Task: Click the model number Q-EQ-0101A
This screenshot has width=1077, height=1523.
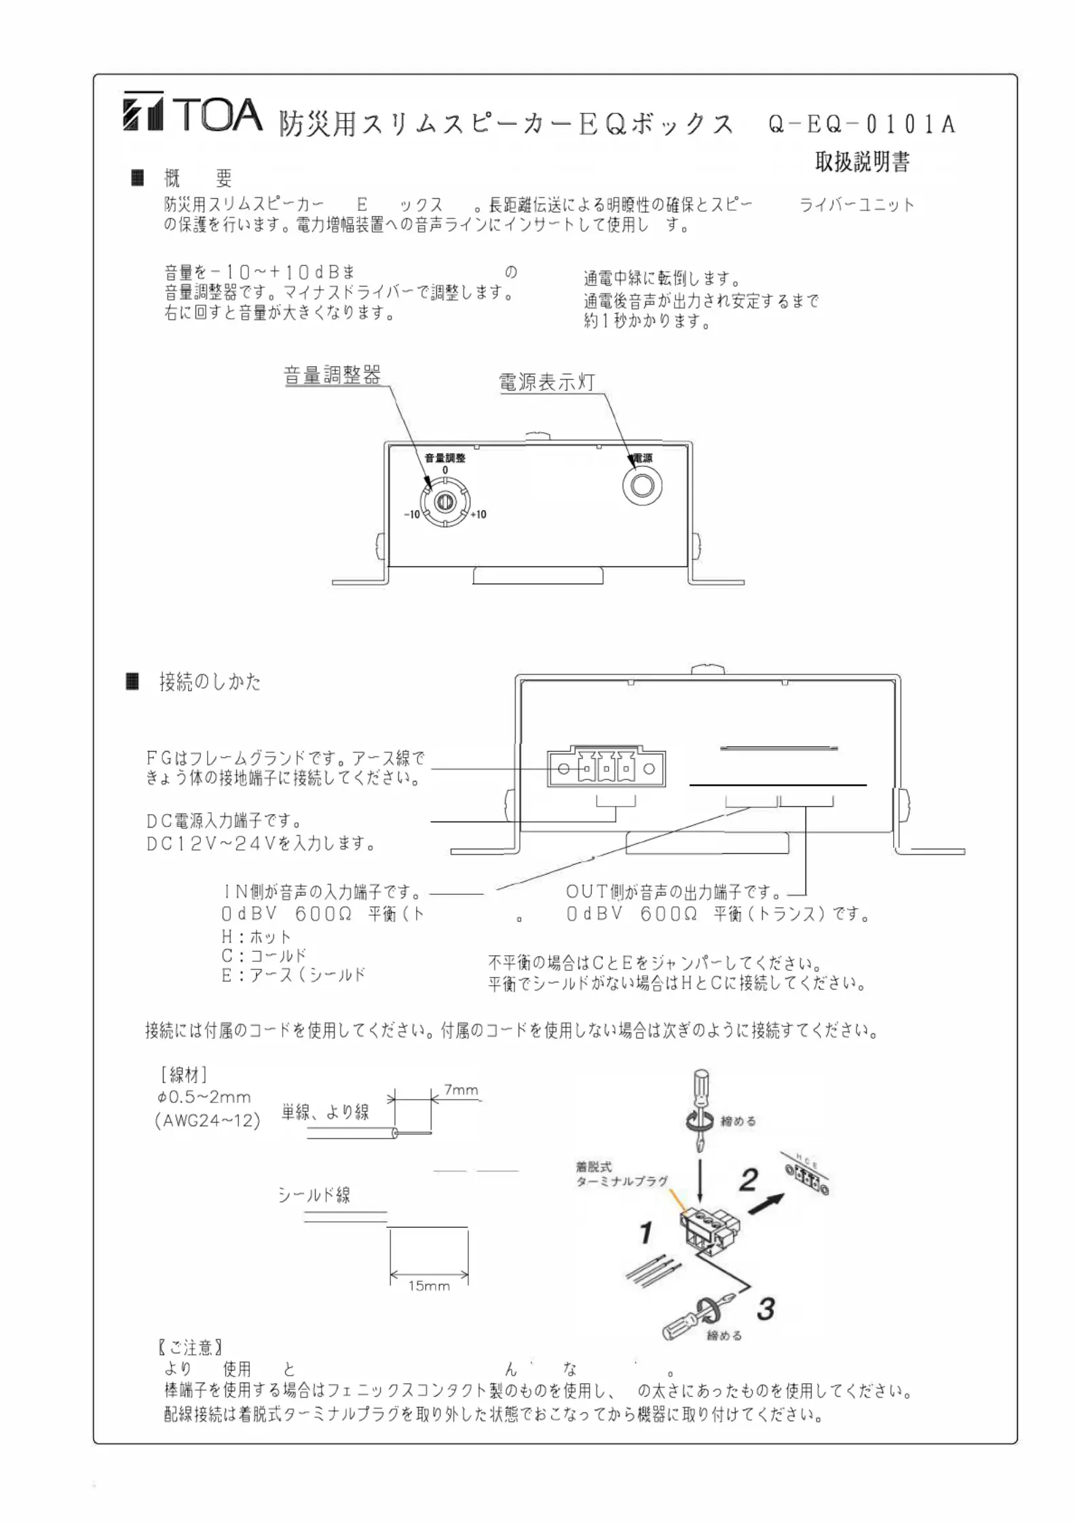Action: [x=861, y=124]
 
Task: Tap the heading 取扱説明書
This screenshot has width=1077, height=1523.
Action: [x=862, y=162]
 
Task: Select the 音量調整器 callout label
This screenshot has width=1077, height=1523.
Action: [x=332, y=375]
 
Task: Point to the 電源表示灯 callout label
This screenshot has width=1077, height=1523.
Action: [x=547, y=382]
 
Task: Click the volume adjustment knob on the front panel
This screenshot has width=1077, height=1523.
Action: [x=445, y=502]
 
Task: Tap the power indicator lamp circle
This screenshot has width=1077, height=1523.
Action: [x=642, y=486]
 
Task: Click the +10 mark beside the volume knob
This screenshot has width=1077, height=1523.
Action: [x=478, y=515]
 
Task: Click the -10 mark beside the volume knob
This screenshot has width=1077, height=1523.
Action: [x=412, y=515]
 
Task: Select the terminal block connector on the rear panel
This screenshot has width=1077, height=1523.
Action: [x=606, y=769]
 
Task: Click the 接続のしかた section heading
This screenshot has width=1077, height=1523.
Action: [x=210, y=682]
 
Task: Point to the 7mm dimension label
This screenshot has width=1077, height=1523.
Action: [x=461, y=1090]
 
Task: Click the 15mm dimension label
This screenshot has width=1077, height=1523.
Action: [x=429, y=1286]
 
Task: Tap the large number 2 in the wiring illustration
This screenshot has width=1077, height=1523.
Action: [x=748, y=1180]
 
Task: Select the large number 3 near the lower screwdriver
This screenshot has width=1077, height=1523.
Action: [x=766, y=1309]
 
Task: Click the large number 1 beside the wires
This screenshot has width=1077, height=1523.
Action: [x=646, y=1233]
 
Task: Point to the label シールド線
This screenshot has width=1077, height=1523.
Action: [x=314, y=1195]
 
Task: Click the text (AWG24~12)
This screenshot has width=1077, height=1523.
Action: [x=208, y=1121]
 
